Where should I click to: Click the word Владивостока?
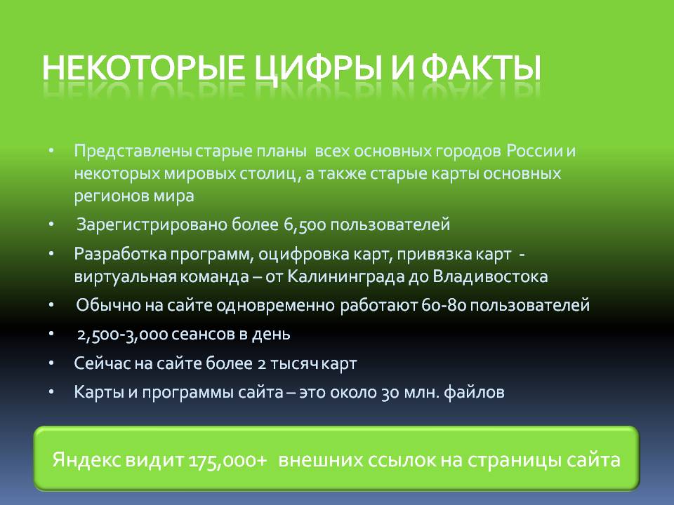[488, 276]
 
